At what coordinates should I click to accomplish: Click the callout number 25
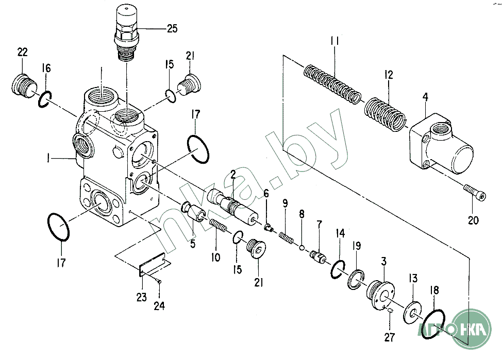(x=172, y=28)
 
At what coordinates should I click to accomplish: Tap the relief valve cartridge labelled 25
(x=127, y=32)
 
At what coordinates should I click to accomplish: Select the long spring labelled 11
(x=332, y=84)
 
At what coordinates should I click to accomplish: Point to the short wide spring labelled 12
(x=385, y=114)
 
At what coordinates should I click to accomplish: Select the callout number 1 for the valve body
(x=48, y=158)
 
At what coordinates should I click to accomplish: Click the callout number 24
(x=159, y=306)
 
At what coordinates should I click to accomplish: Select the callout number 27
(x=390, y=337)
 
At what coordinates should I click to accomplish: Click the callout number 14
(x=340, y=233)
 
